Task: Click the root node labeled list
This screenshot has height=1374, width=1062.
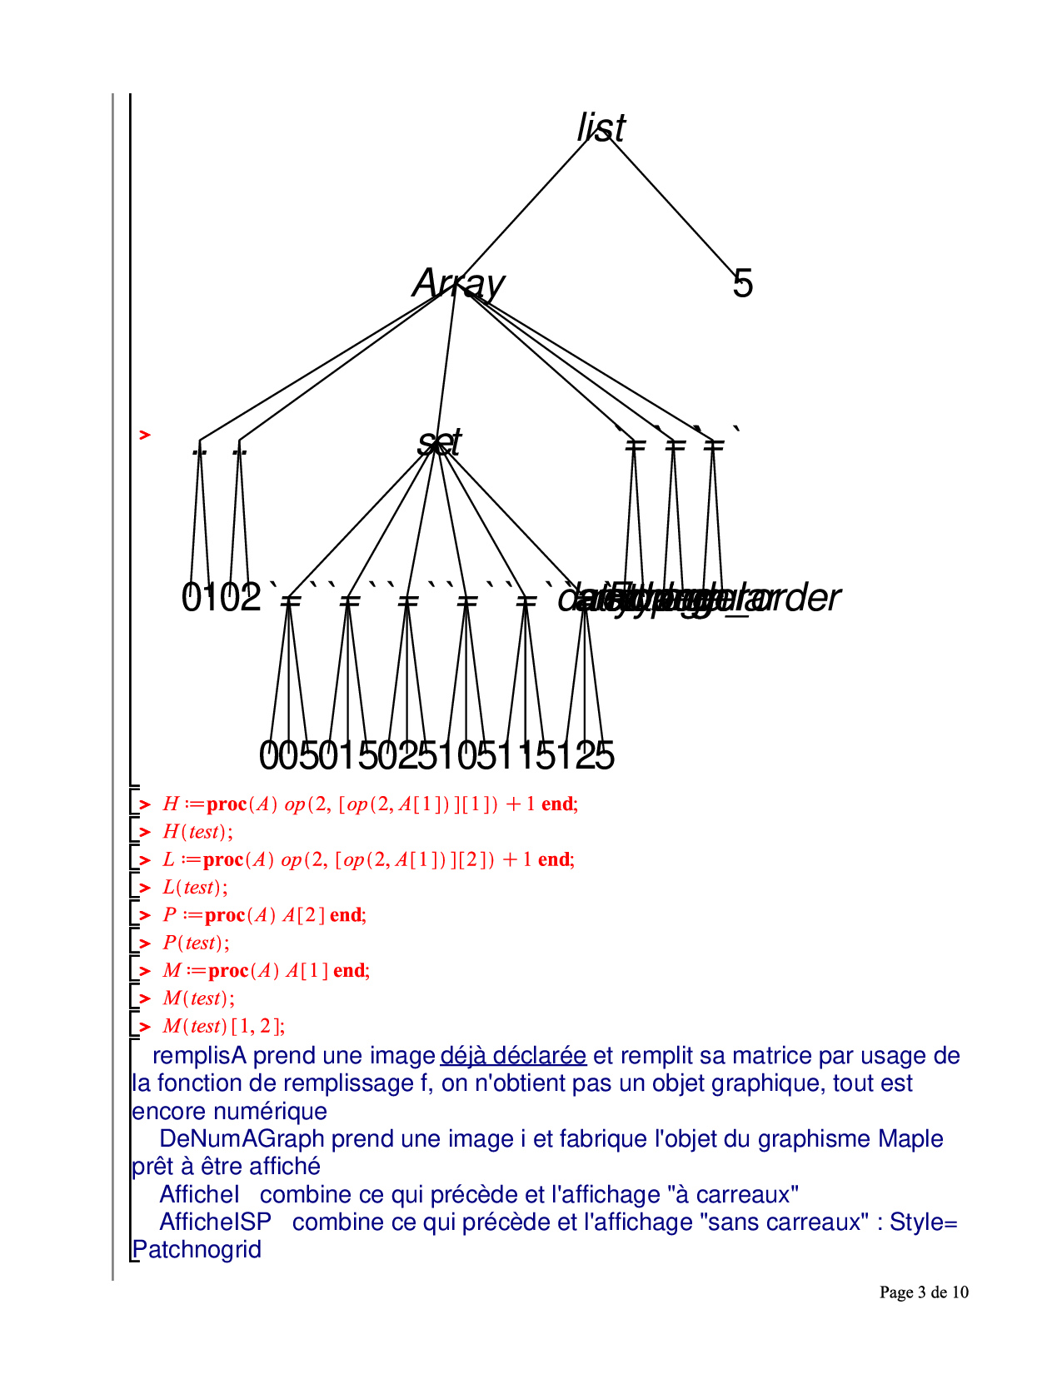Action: coord(601,127)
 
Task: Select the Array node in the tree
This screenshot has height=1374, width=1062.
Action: coord(458,283)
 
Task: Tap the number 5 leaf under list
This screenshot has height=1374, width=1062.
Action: coord(742,284)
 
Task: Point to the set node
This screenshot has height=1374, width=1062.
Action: coord(439,441)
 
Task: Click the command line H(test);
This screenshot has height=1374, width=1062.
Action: coord(197,831)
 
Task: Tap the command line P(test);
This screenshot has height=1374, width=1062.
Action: coord(196,943)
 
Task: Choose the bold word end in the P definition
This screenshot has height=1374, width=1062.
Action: coord(346,915)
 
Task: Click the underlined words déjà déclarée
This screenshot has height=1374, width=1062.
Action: coord(513,1055)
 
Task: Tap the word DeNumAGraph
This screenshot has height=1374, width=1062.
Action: coord(242,1138)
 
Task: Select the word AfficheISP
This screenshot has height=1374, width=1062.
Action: coord(215,1222)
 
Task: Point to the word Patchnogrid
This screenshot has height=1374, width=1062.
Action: coord(197,1249)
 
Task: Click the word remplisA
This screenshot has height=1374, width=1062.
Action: coord(200,1055)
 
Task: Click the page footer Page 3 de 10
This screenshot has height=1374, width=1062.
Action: coord(924,1292)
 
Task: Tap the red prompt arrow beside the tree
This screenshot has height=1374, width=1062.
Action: coord(145,435)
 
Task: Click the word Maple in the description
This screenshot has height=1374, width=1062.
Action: coord(910,1138)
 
